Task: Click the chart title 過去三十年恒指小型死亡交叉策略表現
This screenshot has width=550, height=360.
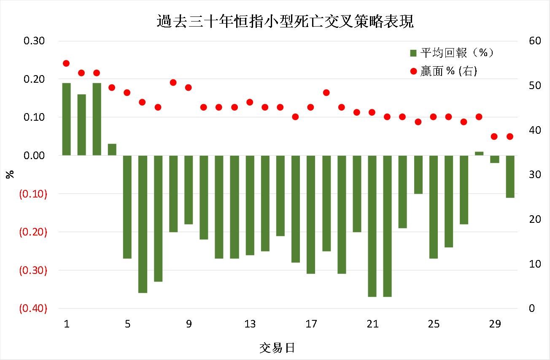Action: click(x=285, y=21)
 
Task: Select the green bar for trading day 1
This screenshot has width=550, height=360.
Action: click(x=66, y=119)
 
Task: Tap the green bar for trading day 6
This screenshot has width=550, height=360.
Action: click(x=143, y=224)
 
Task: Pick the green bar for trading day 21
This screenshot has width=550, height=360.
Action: click(x=372, y=226)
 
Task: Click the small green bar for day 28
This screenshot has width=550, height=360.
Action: click(x=479, y=153)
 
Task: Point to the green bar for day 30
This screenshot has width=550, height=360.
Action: click(x=510, y=176)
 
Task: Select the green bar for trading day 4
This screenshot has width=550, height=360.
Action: click(x=112, y=149)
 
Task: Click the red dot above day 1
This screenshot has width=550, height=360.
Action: click(x=66, y=63)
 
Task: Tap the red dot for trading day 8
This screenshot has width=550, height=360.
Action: click(x=173, y=82)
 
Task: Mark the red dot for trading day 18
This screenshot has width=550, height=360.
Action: click(x=326, y=92)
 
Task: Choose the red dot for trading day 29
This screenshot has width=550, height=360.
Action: click(x=494, y=136)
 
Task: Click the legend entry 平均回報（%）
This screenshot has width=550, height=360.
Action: click(x=451, y=53)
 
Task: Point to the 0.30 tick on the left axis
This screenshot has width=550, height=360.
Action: click(x=35, y=41)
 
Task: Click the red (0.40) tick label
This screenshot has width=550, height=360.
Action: click(x=33, y=309)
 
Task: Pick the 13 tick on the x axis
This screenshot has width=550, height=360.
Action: click(x=250, y=324)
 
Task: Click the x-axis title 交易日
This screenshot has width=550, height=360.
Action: click(x=277, y=348)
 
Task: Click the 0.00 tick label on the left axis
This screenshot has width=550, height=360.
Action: click(x=35, y=156)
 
